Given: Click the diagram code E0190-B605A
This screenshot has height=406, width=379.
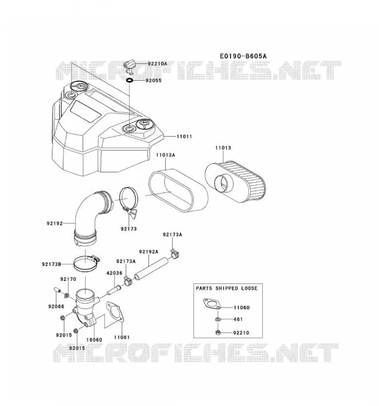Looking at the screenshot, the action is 243,56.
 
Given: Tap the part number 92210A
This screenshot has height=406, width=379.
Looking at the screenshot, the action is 157,64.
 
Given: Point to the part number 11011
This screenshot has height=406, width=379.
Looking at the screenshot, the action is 184,137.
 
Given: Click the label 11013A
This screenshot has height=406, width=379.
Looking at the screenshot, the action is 165,155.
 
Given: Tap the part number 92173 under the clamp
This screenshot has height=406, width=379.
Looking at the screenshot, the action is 129,229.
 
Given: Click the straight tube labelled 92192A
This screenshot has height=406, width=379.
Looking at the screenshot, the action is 151,269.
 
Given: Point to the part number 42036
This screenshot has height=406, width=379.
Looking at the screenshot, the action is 114,273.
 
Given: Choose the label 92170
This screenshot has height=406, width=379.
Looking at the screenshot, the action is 68,279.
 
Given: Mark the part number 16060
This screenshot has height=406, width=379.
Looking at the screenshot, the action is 94,340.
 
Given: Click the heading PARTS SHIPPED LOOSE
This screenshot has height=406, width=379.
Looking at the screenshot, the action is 227,288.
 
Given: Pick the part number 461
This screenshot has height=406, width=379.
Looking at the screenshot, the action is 238,319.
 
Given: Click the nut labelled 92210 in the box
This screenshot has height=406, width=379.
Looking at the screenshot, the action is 218,333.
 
